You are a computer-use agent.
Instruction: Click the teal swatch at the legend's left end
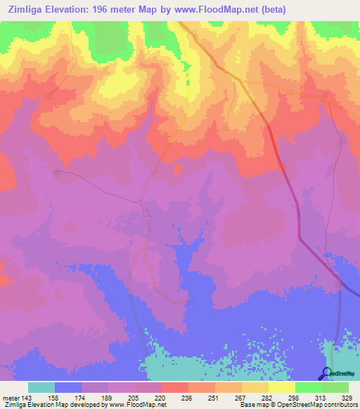pyautogui.click(x=41, y=387)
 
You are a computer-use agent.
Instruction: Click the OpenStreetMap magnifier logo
pyautogui.click(x=328, y=372)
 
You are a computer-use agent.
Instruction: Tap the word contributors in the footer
pyautogui.click(x=340, y=405)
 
